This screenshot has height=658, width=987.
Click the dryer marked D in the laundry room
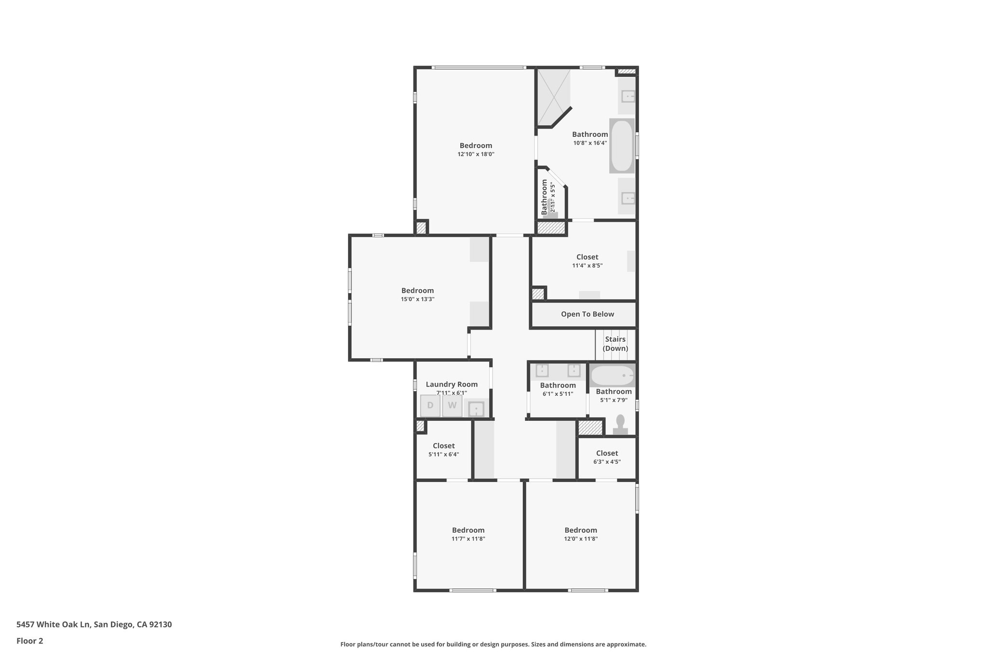coord(430,406)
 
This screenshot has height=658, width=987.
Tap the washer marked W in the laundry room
coord(452,406)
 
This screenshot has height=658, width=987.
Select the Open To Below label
coord(587,314)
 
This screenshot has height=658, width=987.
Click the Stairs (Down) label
coord(615,344)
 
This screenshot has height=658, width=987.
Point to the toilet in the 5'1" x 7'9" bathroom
coord(620,425)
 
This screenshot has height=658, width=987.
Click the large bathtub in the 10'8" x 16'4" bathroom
coord(622,146)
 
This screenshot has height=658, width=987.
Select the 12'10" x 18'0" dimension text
coord(476,154)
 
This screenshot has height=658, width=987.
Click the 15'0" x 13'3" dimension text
coord(417,299)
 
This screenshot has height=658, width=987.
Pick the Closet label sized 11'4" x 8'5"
coord(587,257)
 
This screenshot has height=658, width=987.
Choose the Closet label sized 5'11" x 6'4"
coord(443,446)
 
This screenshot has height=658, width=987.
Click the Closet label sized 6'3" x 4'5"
coord(607,453)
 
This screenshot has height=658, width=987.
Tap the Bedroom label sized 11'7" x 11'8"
coord(468,530)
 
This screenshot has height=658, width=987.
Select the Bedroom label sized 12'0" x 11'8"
coord(581,530)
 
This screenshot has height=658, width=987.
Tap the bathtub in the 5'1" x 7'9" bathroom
coord(612,376)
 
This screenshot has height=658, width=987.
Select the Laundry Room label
coord(452,384)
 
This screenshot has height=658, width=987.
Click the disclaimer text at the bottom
coord(493,644)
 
